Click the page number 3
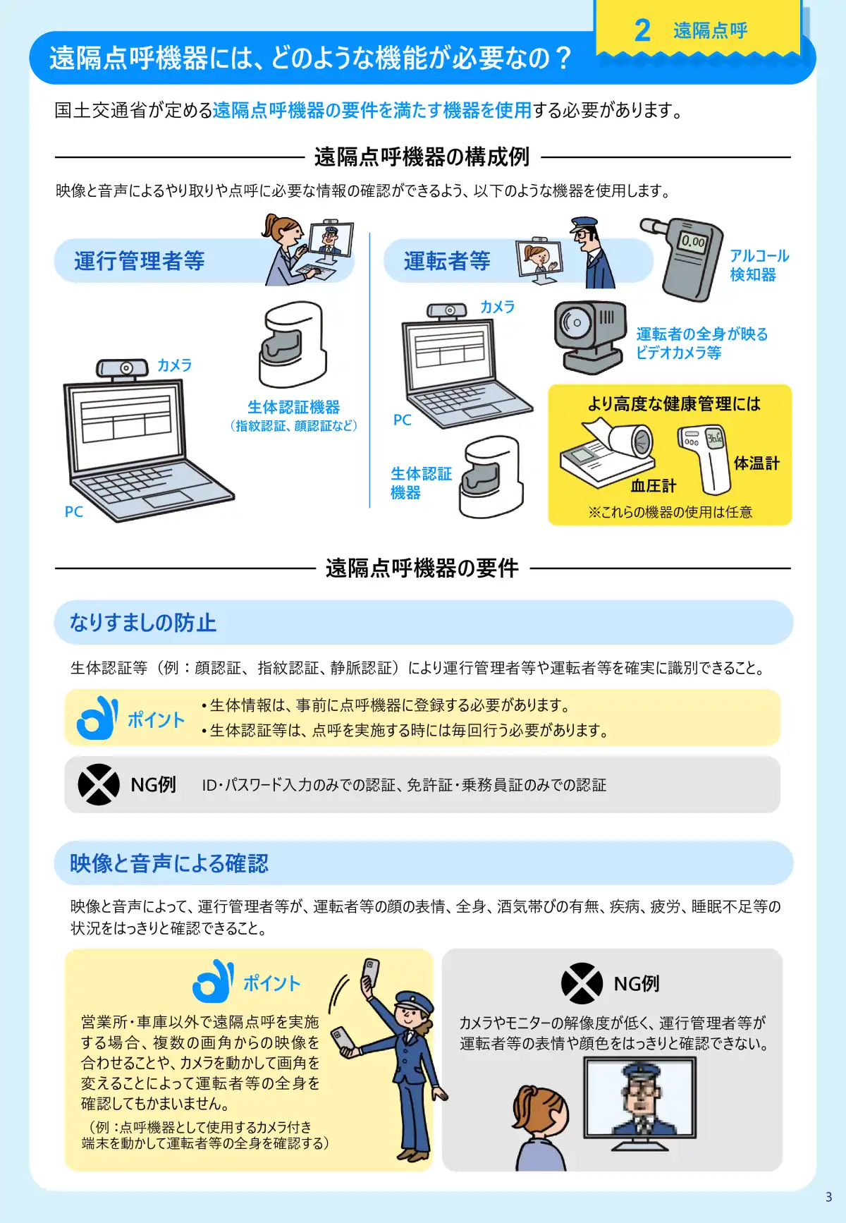point(828,1197)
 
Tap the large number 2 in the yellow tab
point(642,30)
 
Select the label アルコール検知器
point(759,265)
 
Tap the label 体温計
point(756,463)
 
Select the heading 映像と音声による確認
point(169,863)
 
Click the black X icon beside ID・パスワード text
point(99,784)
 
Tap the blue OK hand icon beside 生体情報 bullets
point(97,718)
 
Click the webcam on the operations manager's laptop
point(123,369)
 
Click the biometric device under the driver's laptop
point(491,476)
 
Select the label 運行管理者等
point(140,262)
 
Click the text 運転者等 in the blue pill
point(447,262)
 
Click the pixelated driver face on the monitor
point(639,1093)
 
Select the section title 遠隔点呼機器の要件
point(422,568)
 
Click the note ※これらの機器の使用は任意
point(670,512)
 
